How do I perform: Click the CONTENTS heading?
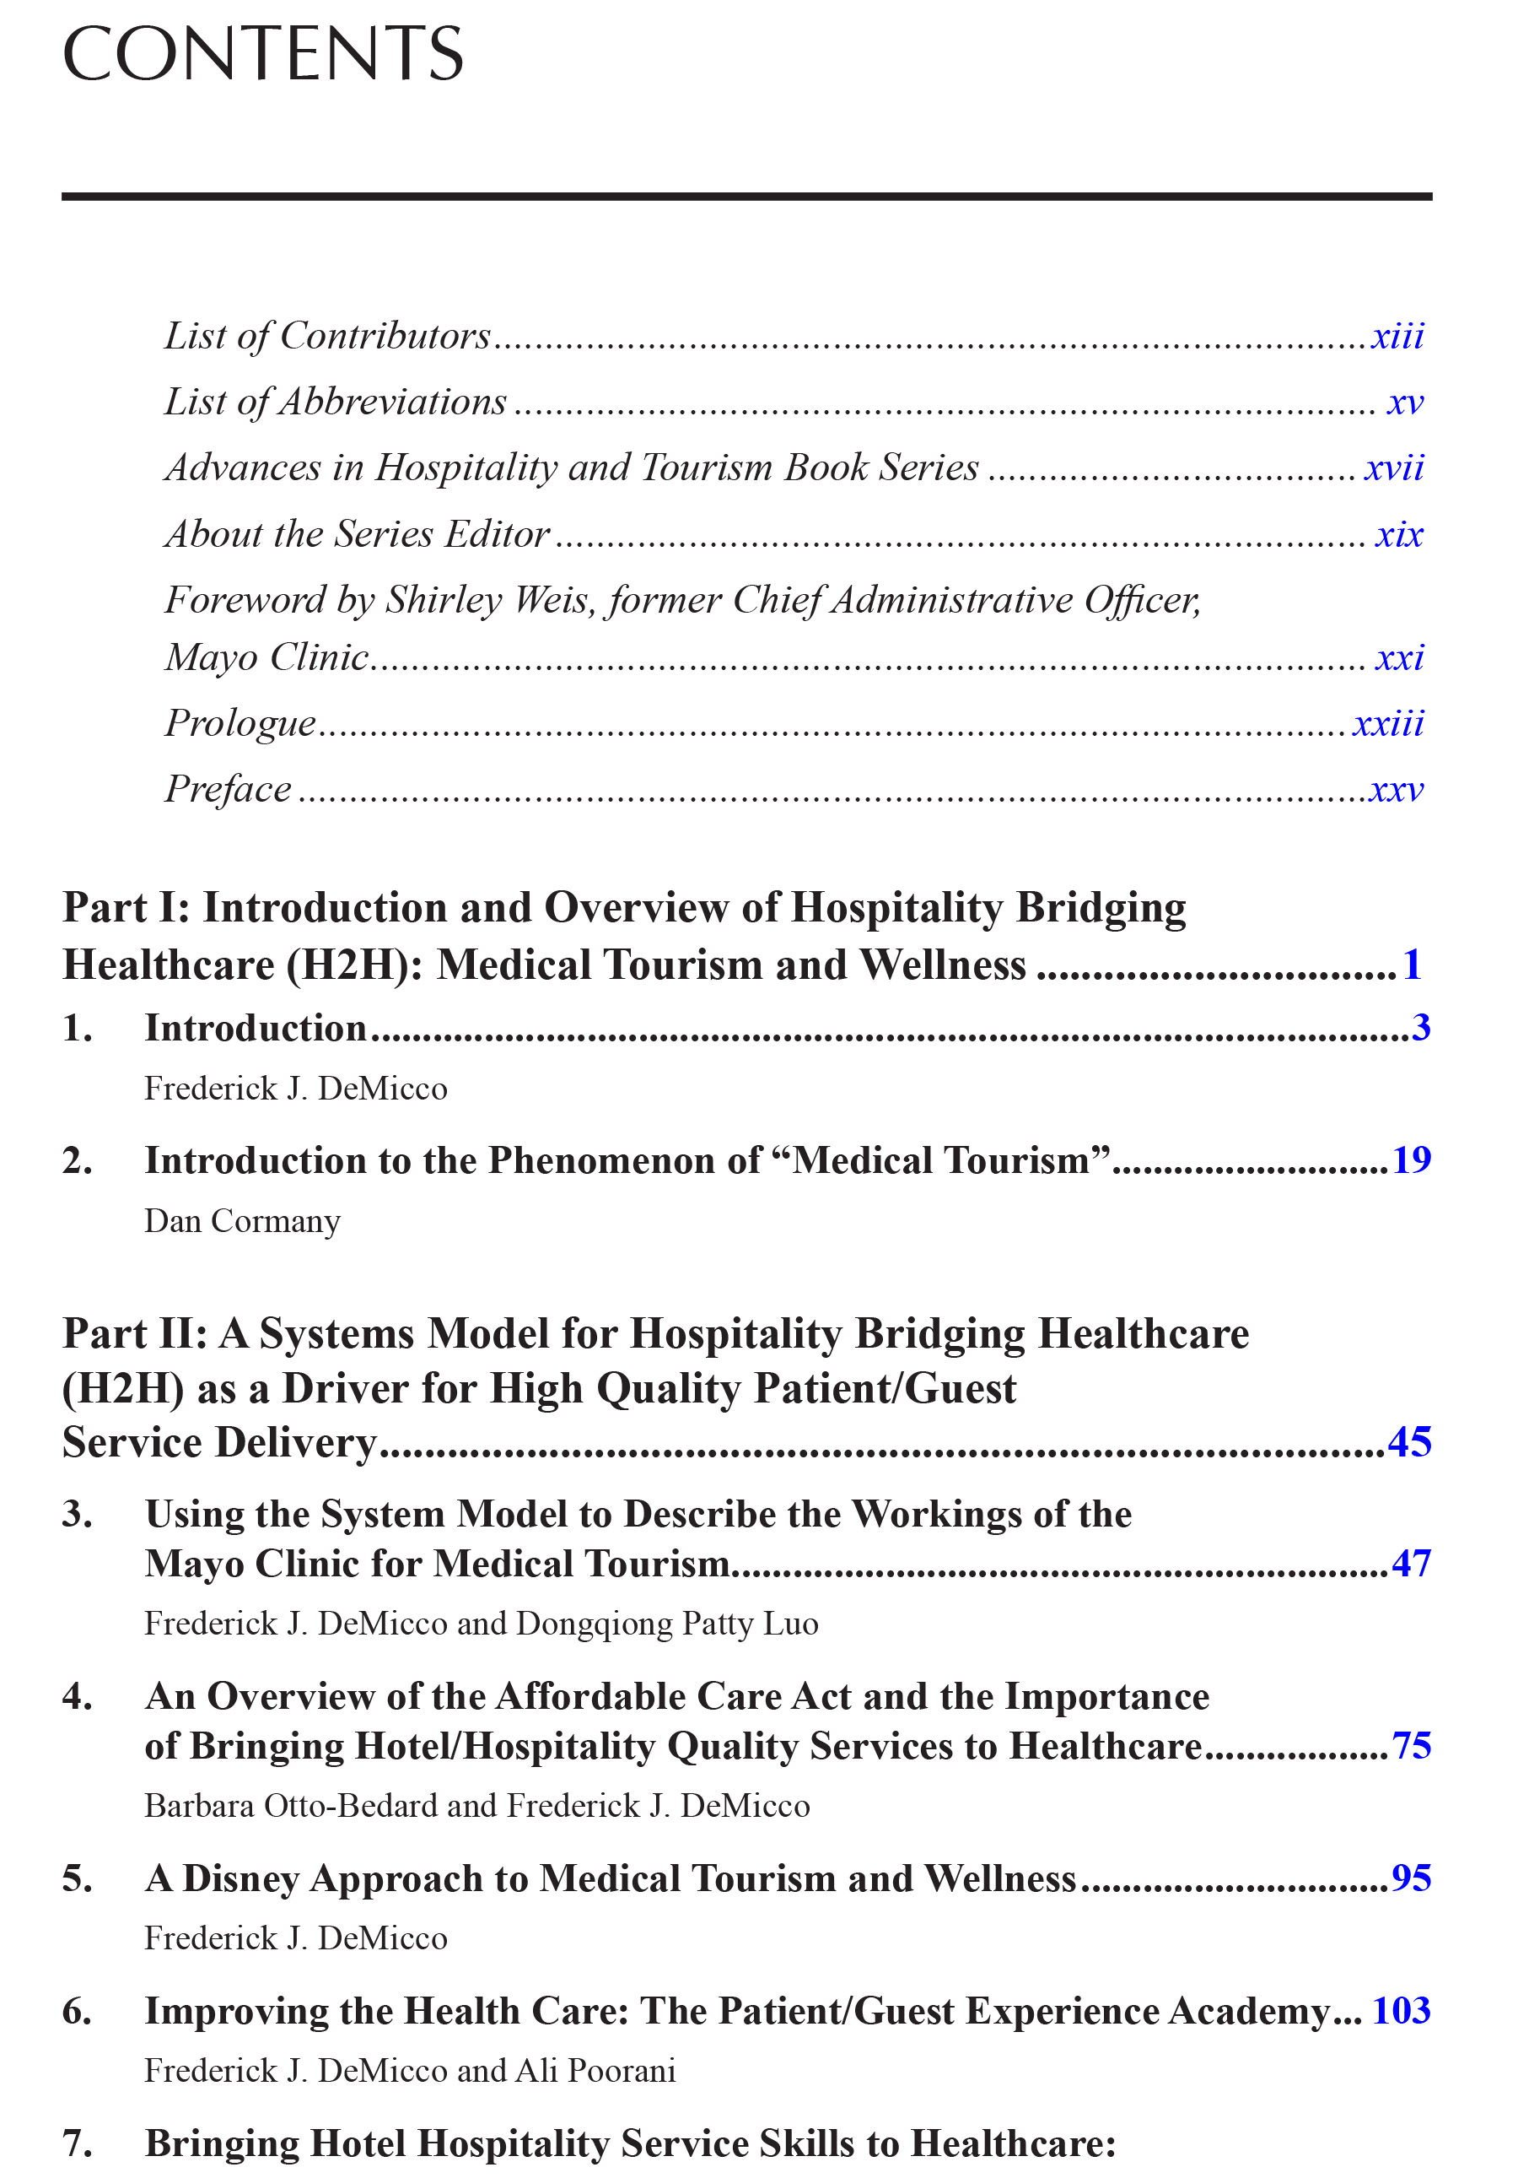click(x=262, y=54)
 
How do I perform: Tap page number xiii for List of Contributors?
click(x=1397, y=336)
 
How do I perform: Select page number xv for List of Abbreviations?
click(x=1404, y=403)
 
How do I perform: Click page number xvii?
click(x=1394, y=467)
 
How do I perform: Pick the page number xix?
click(x=1398, y=534)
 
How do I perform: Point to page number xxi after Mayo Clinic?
click(x=1398, y=657)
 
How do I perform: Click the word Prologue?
click(x=240, y=723)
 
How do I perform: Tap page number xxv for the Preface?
click(x=1396, y=789)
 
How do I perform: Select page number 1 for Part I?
click(x=1412, y=965)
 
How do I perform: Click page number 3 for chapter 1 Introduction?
click(x=1419, y=1027)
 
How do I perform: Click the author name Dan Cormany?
click(x=242, y=1221)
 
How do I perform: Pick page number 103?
click(x=1401, y=2010)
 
